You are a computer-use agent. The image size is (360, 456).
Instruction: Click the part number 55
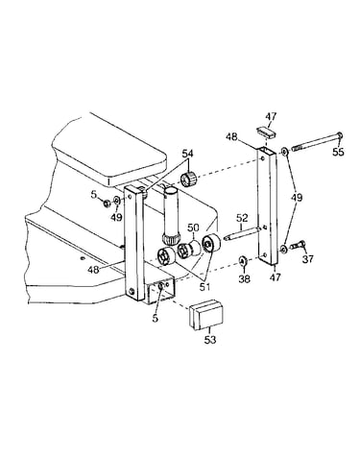[338, 152]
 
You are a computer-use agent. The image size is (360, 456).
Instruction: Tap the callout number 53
[210, 340]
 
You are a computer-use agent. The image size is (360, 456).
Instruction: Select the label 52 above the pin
[242, 218]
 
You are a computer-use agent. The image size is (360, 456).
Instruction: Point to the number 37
[308, 258]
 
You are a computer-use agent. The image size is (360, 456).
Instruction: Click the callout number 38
[244, 279]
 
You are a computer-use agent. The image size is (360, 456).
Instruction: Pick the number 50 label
[193, 228]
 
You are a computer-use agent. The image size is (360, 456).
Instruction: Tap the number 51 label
[204, 287]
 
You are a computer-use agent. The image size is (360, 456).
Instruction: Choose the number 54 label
[188, 154]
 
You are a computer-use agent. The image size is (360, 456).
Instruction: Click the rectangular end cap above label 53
[206, 314]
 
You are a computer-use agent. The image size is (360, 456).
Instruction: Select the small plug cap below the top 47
[266, 132]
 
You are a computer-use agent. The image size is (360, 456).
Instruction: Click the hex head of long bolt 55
[340, 135]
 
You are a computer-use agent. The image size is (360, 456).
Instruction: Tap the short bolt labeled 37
[298, 246]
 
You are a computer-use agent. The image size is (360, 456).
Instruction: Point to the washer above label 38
[242, 261]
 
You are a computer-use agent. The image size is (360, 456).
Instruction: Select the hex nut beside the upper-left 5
[108, 203]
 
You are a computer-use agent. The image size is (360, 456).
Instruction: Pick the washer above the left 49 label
[117, 201]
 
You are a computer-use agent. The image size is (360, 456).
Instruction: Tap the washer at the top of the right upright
[284, 151]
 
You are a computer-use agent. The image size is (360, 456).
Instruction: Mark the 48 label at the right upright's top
[231, 136]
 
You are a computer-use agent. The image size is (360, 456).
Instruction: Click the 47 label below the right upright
[276, 276]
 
